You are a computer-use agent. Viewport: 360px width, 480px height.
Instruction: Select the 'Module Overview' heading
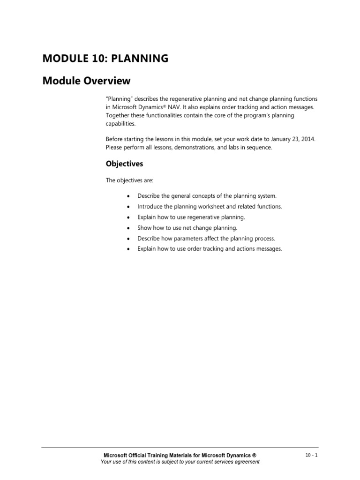click(86, 81)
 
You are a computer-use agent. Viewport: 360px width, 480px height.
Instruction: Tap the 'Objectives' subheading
click(124, 164)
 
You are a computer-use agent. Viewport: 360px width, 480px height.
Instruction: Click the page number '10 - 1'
click(311, 455)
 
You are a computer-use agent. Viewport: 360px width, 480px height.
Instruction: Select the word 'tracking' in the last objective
click(210, 249)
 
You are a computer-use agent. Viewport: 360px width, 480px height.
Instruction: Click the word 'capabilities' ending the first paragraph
click(120, 123)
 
